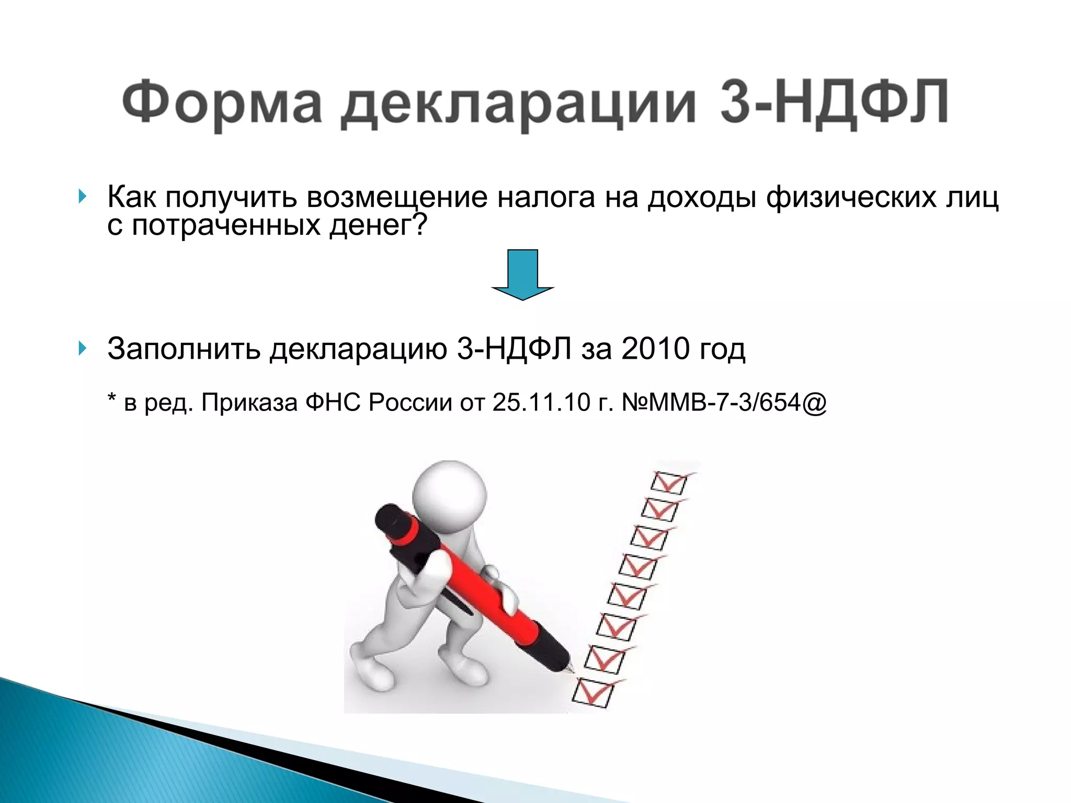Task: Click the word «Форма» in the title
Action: point(222,102)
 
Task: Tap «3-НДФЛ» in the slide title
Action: point(834,102)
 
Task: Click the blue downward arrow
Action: point(522,274)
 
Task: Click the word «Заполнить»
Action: point(184,349)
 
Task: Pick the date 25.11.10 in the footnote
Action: point(541,403)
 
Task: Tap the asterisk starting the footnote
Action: point(111,399)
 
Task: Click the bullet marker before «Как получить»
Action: point(82,197)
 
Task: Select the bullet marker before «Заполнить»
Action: point(82,348)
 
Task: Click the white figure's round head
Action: point(449,491)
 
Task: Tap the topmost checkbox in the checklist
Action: point(669,483)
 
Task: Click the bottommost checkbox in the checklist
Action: point(593,692)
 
